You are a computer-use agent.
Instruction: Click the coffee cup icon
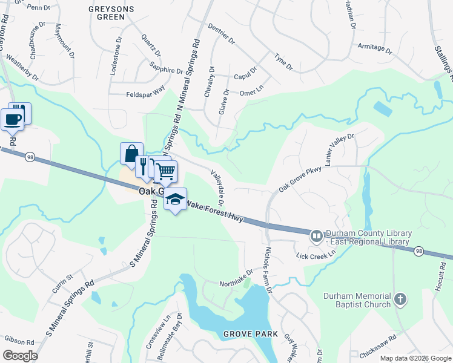12,119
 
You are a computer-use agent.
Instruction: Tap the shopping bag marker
131,154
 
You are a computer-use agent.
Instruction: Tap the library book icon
316,236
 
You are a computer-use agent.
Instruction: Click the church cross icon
399,299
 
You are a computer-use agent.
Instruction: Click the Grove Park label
250,334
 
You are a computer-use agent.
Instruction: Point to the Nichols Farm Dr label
267,269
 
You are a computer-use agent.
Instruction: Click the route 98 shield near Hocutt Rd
418,250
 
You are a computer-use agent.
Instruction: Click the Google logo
20,356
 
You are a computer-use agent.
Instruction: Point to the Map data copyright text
415,358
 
